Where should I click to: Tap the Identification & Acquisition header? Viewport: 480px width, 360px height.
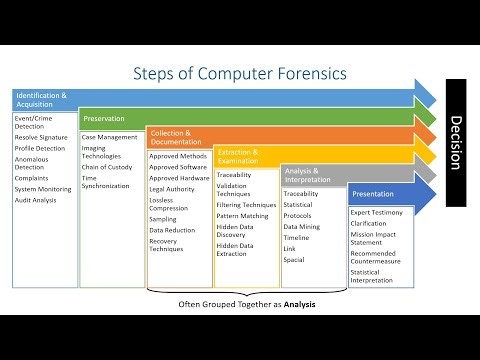click(x=41, y=99)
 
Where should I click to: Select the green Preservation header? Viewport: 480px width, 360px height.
click(x=104, y=118)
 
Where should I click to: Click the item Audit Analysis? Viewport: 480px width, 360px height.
click(x=36, y=200)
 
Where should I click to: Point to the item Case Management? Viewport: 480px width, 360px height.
click(x=111, y=136)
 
